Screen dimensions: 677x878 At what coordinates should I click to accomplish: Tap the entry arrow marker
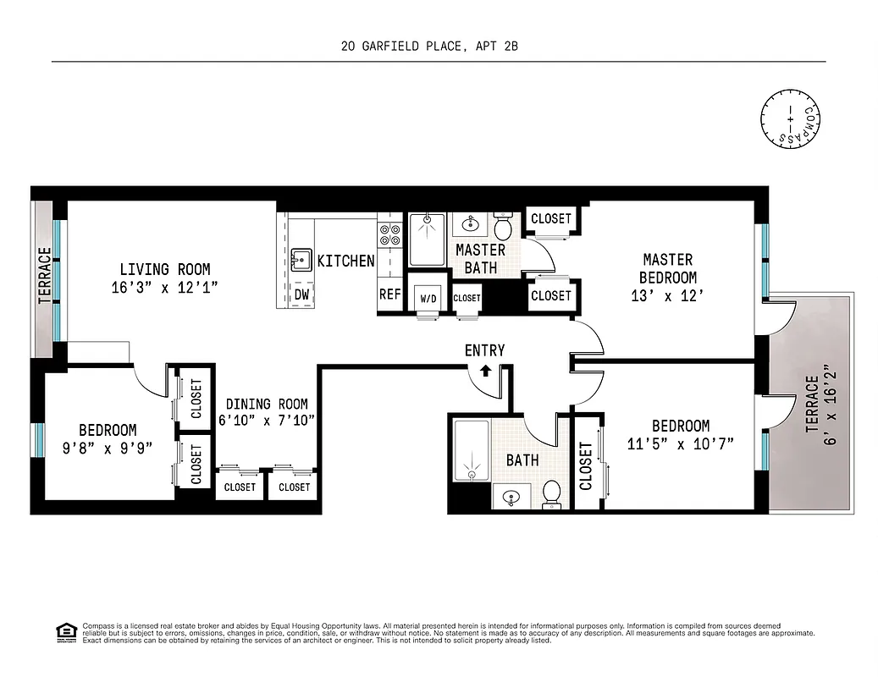pyautogui.click(x=485, y=369)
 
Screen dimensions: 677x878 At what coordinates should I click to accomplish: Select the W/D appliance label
pyautogui.click(x=426, y=297)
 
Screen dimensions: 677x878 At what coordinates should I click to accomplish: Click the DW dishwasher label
pyautogui.click(x=302, y=294)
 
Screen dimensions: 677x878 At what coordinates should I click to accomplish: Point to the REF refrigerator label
pyautogui.click(x=389, y=294)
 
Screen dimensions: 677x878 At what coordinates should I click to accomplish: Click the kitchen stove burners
pyautogui.click(x=389, y=234)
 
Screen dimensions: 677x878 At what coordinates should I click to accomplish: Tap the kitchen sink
pyautogui.click(x=300, y=258)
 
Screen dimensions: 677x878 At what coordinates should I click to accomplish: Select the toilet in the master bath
pyautogui.click(x=503, y=228)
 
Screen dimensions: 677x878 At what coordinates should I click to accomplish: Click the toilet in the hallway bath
pyautogui.click(x=551, y=493)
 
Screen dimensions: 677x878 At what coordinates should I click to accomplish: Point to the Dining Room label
pyautogui.click(x=267, y=405)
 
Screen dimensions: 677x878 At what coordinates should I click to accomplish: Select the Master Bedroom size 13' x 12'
pyautogui.click(x=668, y=295)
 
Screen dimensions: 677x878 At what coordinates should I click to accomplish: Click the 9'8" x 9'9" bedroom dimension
pyautogui.click(x=108, y=449)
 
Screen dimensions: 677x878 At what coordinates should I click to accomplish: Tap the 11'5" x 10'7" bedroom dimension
pyautogui.click(x=681, y=443)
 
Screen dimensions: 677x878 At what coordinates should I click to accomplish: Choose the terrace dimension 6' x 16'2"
pyautogui.click(x=825, y=405)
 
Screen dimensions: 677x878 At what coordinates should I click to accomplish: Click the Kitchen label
pyautogui.click(x=345, y=261)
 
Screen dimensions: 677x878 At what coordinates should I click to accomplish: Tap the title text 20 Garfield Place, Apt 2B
pyautogui.click(x=438, y=47)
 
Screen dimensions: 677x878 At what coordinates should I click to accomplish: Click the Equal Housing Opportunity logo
pyautogui.click(x=64, y=630)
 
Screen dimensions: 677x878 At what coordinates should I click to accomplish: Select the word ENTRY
pyautogui.click(x=484, y=350)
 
